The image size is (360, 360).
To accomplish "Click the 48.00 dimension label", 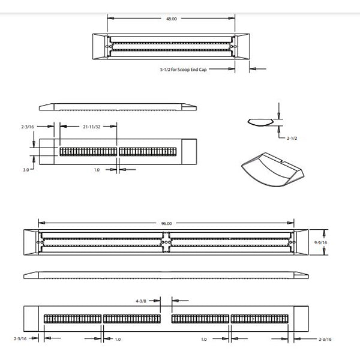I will tap(171, 19).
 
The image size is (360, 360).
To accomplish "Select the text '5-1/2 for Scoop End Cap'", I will tap(186, 69).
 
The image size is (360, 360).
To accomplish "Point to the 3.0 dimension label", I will tap(26, 170).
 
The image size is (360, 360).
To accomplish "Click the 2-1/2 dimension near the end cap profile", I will tap(292, 138).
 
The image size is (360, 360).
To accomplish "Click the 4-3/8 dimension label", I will tap(142, 301).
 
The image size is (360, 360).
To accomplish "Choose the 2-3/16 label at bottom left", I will tap(19, 339).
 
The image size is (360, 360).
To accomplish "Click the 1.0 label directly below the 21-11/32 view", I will tap(96, 170).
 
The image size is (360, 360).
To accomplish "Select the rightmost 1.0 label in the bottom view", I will tap(204, 339).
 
